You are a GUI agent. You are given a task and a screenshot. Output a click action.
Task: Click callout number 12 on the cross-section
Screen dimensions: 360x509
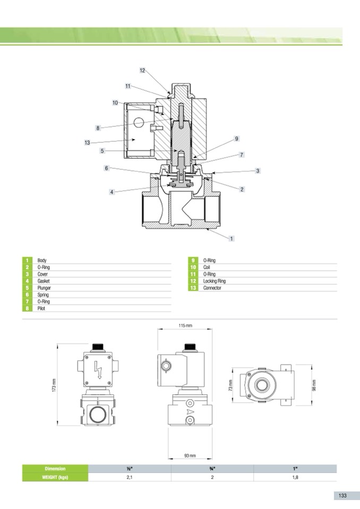[x=142, y=71]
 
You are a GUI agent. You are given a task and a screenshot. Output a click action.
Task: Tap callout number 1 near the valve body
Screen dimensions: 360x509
[x=232, y=239]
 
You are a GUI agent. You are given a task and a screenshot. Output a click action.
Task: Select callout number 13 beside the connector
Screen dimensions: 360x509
[x=87, y=142]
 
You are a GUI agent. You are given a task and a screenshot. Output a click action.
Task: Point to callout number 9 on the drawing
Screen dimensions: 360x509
[x=236, y=139]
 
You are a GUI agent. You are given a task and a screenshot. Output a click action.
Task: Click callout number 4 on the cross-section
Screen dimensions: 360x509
[x=112, y=192]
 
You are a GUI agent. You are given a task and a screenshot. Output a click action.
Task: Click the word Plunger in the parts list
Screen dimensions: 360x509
[x=44, y=288]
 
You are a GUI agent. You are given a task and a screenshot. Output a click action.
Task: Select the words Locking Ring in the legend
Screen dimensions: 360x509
[x=214, y=281]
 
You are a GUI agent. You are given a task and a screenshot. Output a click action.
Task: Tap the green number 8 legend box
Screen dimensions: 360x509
[x=27, y=308]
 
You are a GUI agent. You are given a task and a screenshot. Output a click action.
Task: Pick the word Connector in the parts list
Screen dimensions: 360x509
[x=212, y=288]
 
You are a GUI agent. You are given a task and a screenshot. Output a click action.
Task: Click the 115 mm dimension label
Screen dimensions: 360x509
[x=185, y=325]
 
